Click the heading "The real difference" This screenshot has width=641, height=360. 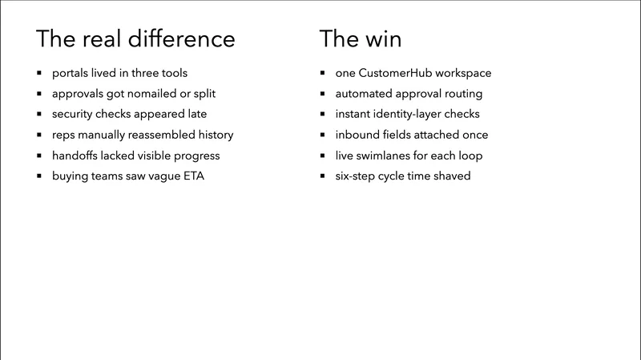(136, 38)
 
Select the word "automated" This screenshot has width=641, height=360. (362, 94)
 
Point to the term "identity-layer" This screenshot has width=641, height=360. (409, 114)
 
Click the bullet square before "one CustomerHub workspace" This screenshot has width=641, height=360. (323, 74)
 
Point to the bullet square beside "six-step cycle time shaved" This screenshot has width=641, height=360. (323, 176)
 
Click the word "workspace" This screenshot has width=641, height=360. (462, 73)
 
